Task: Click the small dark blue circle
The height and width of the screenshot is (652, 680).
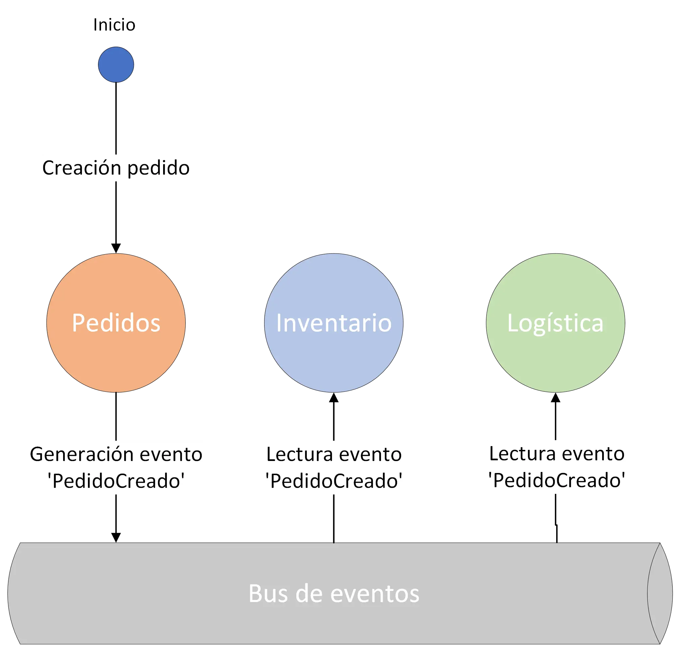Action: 116,64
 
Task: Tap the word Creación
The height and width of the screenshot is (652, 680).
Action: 82,168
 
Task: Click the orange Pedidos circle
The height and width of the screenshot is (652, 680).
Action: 116,323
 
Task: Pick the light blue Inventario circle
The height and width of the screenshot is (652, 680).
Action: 333,323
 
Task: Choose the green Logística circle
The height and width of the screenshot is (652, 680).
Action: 555,323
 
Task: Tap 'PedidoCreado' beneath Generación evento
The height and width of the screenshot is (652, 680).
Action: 115,481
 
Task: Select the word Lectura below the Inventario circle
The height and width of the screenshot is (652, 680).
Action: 292,454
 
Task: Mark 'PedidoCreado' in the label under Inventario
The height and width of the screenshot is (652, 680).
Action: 334,481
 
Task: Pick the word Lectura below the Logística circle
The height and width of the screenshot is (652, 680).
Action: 515,454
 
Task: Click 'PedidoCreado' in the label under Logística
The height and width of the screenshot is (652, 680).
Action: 557,480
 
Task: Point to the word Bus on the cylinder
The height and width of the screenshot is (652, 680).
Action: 268,594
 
